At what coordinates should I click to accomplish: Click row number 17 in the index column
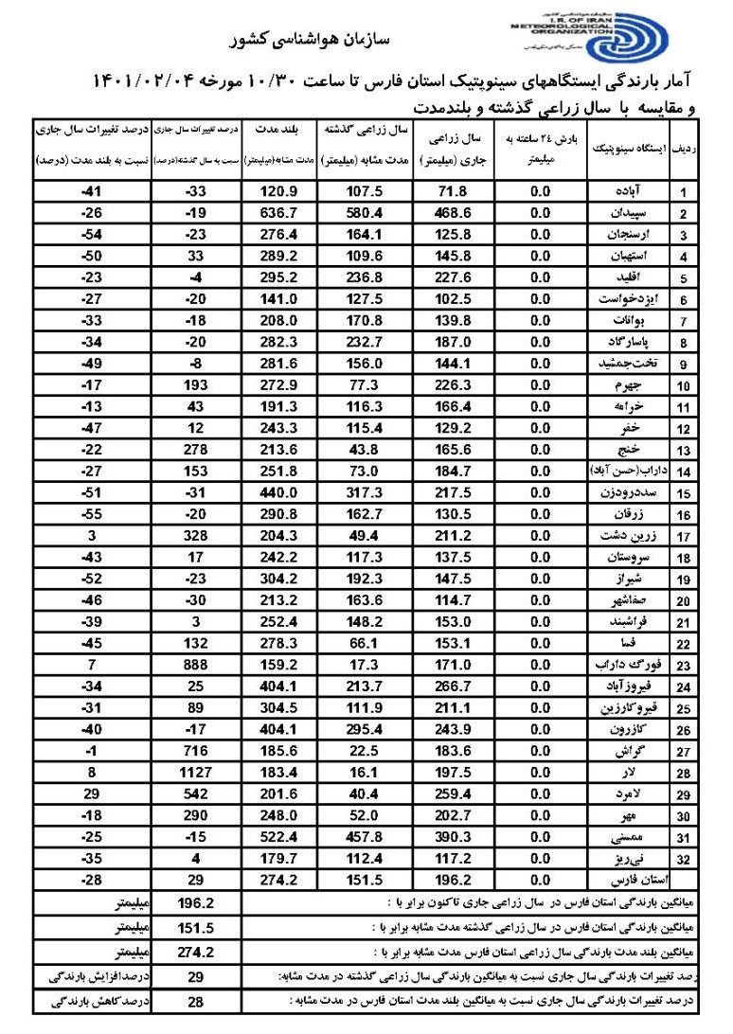click(x=683, y=536)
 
